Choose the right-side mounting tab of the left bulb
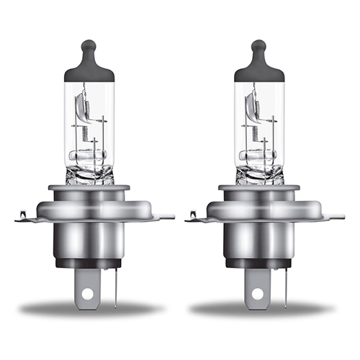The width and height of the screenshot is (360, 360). coord(166,215)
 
